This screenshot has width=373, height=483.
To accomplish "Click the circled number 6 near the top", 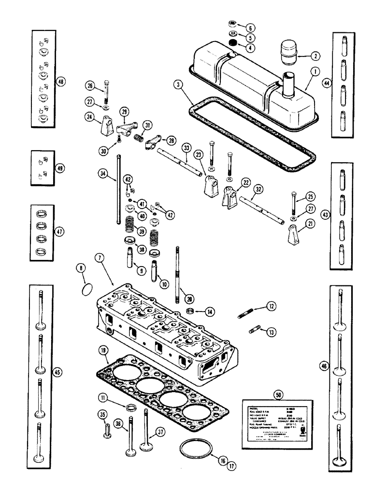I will (x=250, y=27).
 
